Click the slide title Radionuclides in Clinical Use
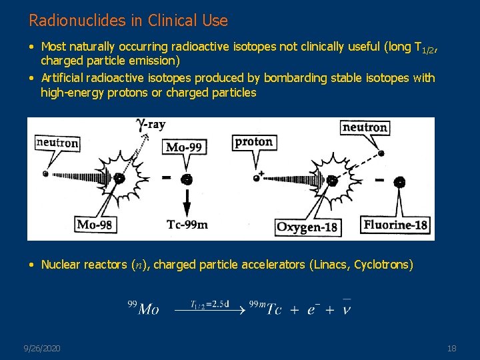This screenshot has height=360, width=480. click(128, 21)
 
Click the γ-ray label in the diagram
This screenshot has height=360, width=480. click(151, 125)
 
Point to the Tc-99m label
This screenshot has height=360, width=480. click(187, 225)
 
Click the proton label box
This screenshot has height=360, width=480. click(254, 141)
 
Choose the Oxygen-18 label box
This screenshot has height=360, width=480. click(307, 227)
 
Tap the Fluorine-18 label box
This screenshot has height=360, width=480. click(395, 225)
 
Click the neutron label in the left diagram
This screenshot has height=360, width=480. click(57, 143)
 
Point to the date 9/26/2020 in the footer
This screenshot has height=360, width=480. click(41, 348)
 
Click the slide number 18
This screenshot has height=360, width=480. click(451, 348)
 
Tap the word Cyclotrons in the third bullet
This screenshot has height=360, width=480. click(383, 265)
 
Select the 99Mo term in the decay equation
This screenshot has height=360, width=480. click(143, 308)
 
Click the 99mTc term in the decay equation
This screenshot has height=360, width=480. click(265, 308)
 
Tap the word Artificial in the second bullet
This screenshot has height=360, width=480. click(64, 78)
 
